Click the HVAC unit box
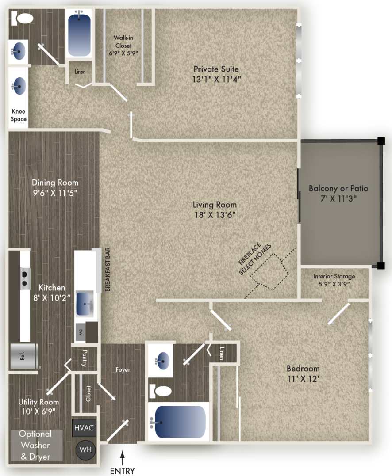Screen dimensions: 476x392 tap(84, 428)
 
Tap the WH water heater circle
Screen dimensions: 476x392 tap(84, 450)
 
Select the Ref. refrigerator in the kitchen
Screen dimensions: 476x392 tap(23, 356)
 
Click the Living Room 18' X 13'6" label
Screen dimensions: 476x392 tap(215, 210)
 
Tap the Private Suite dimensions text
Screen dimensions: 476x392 tap(216, 80)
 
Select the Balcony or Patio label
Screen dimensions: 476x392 tap(338, 193)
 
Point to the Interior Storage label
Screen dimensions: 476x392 tap(334, 280)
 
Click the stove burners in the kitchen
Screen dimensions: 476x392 tap(25, 278)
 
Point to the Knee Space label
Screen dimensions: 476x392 tap(19, 115)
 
